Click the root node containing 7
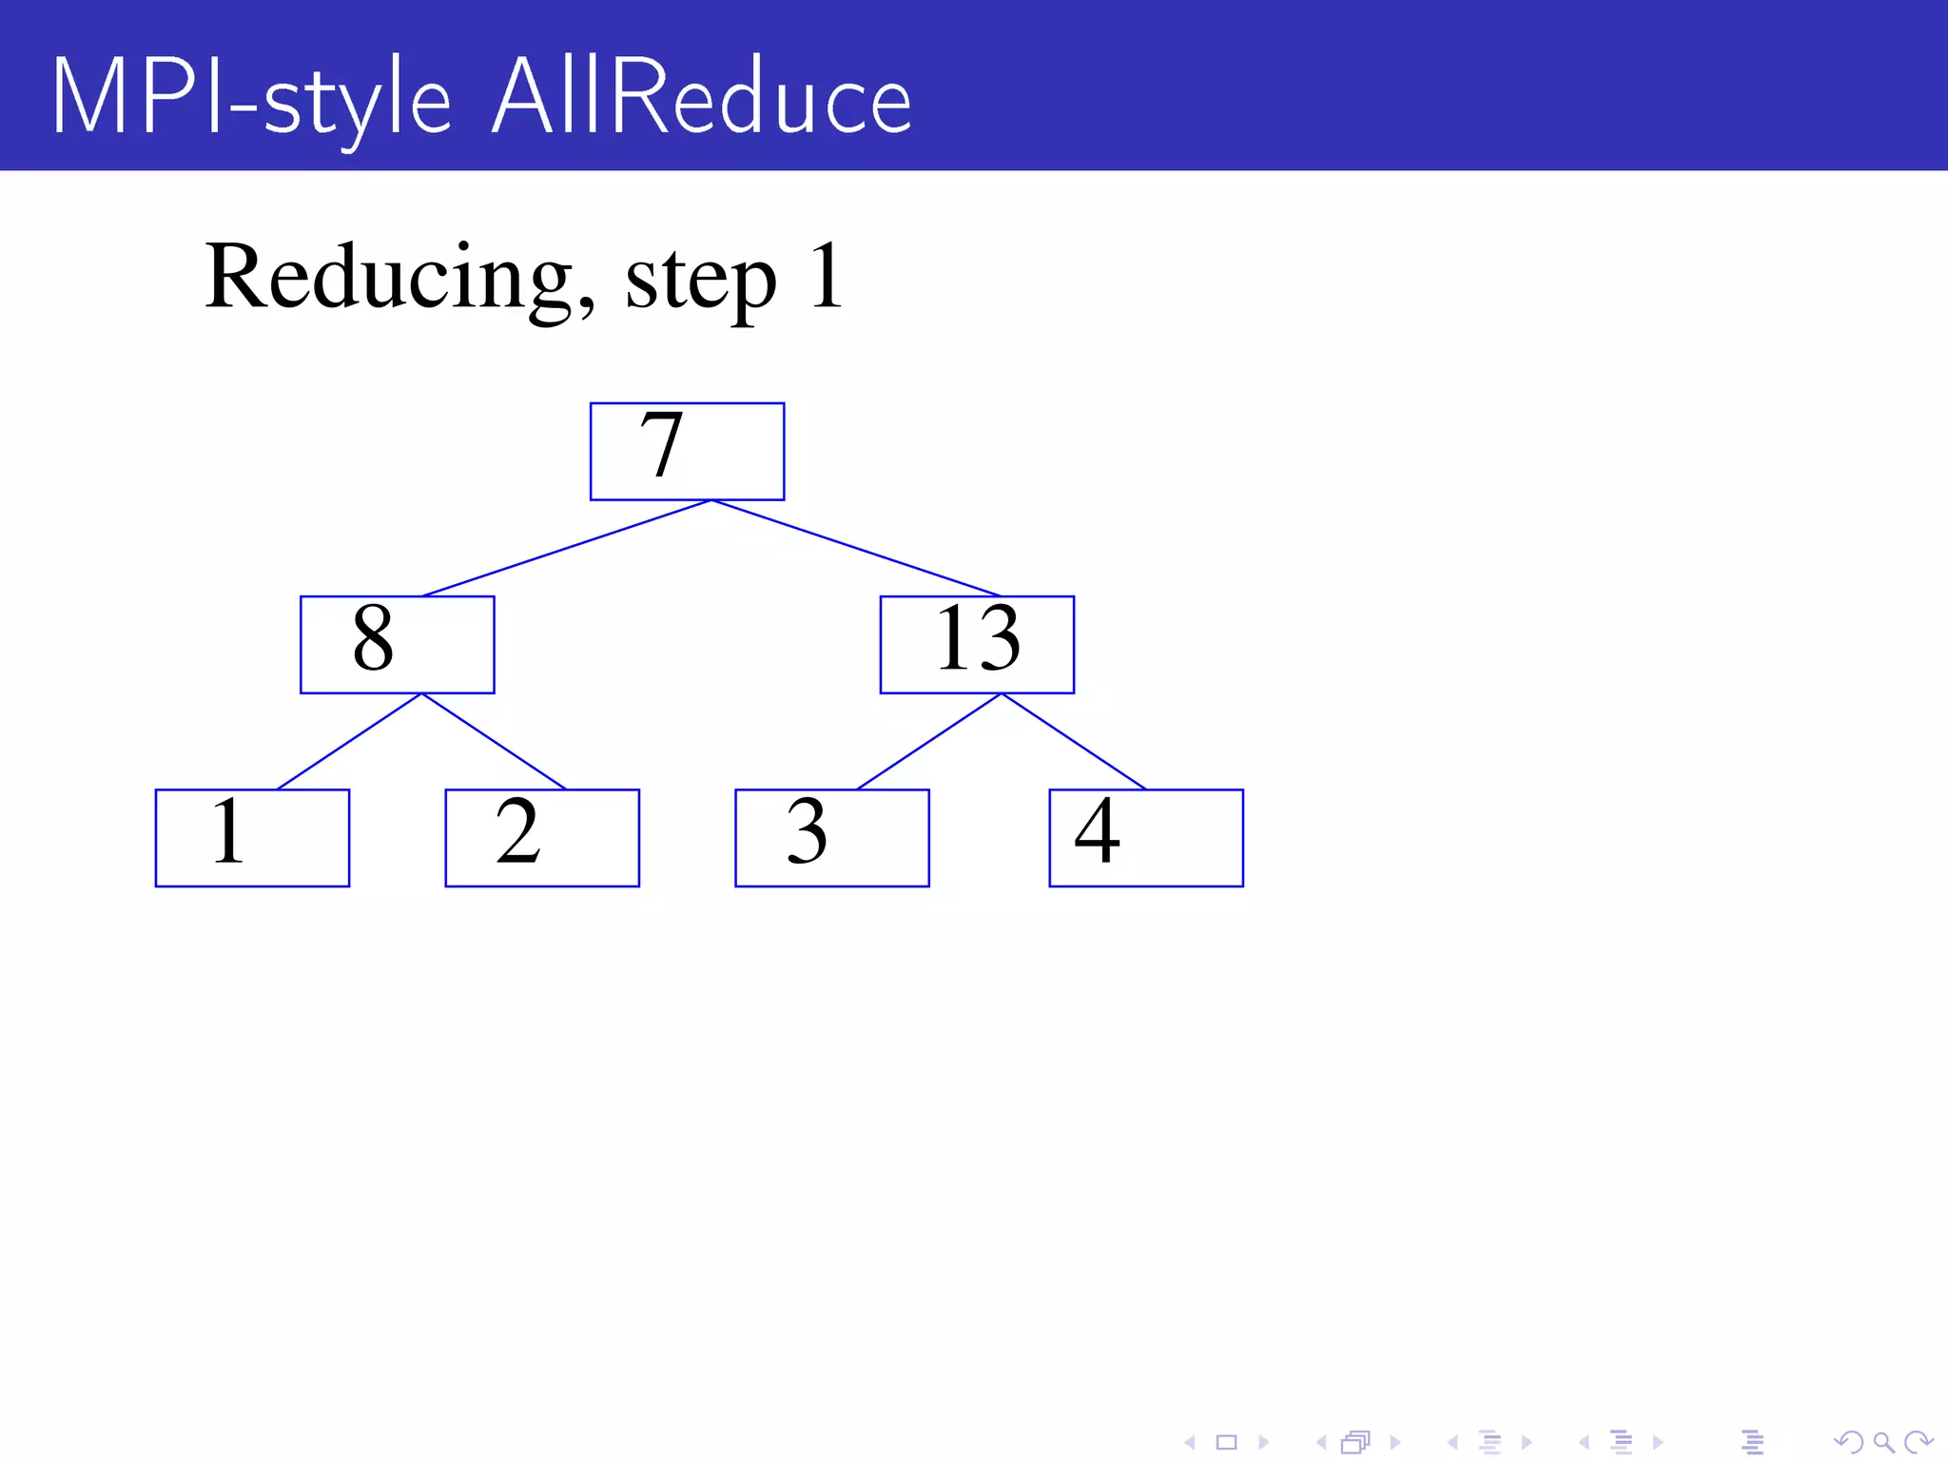coord(687,451)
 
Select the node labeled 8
coord(397,644)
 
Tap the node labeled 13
coord(977,644)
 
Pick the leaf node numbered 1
coord(252,837)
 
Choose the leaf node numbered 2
coord(542,837)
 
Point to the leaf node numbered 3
coord(831,837)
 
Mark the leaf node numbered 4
coord(1145,837)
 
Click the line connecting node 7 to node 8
coord(567,548)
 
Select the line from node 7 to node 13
coord(856,548)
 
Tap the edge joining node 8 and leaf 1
coord(349,741)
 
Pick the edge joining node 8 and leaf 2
coord(494,741)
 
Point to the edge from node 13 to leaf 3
coord(929,741)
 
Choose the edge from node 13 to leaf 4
coord(1074,741)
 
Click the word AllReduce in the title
coord(702,98)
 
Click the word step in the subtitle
coord(700,280)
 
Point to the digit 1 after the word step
coord(826,276)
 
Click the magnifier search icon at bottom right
coord(1882,1442)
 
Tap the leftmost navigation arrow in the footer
coord(1189,1442)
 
